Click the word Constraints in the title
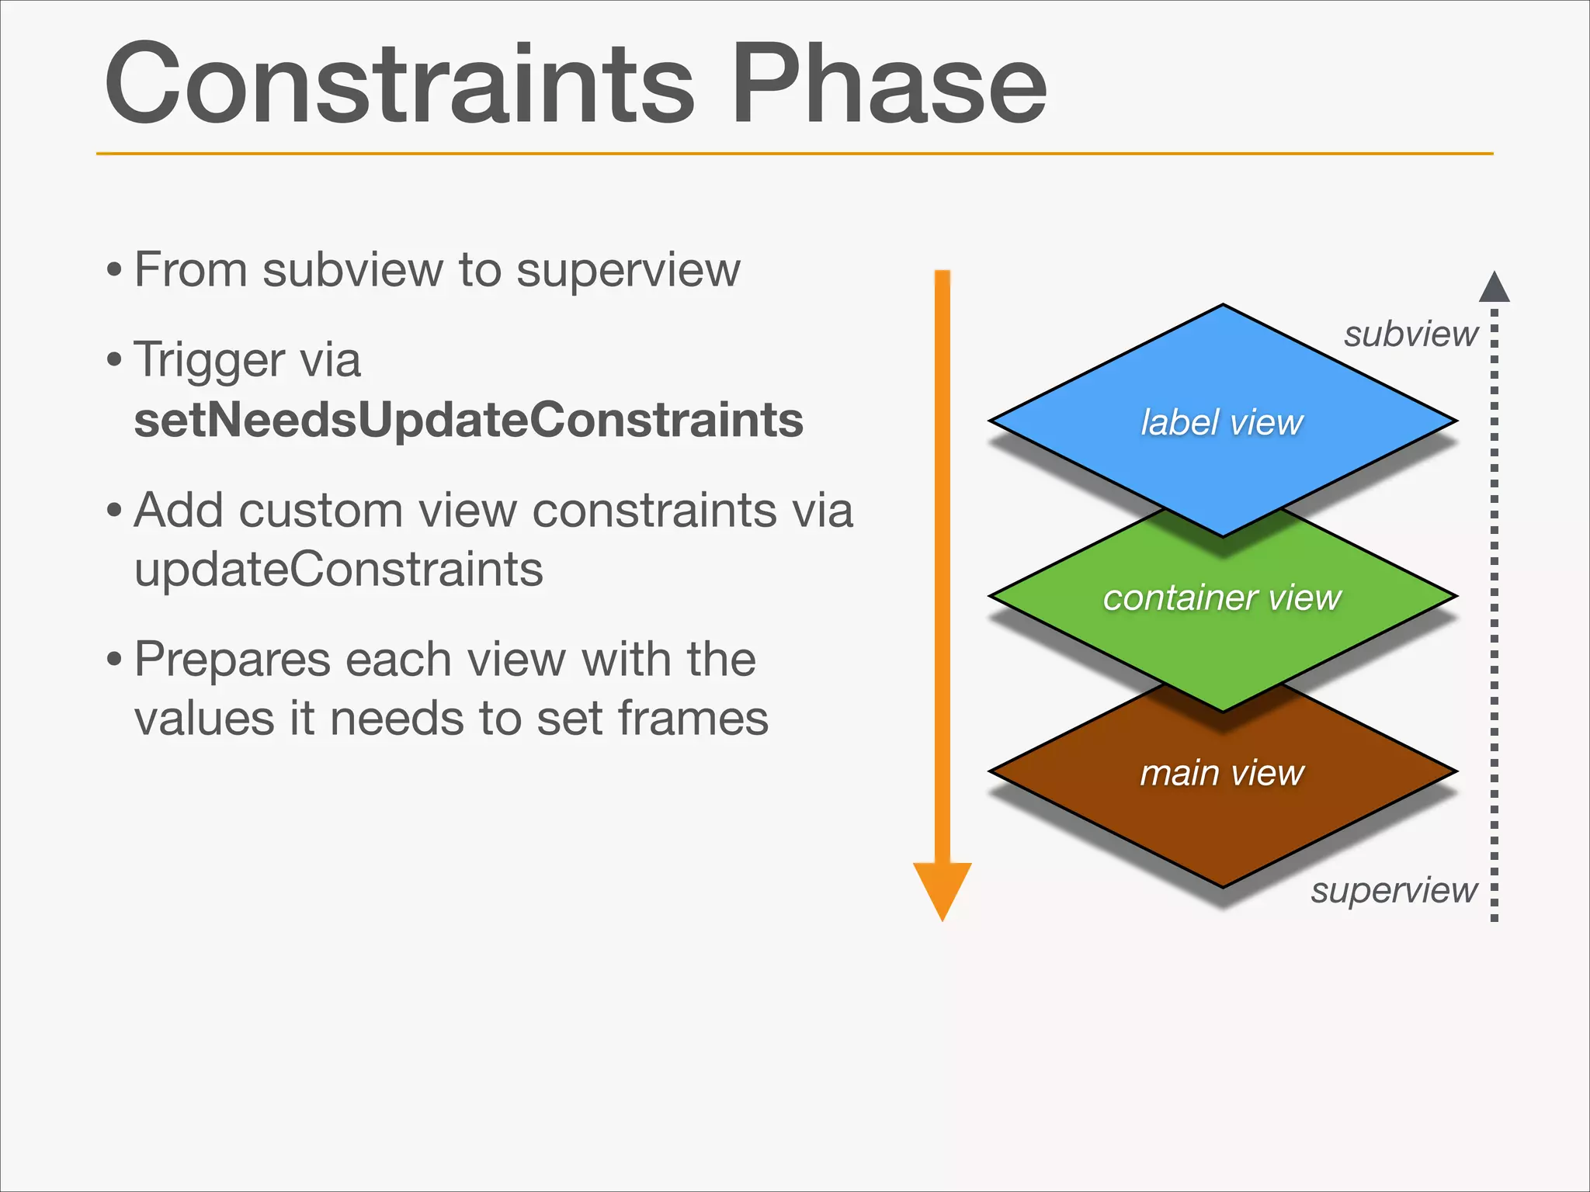click(x=400, y=84)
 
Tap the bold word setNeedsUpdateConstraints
click(x=468, y=420)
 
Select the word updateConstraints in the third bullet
click(x=338, y=570)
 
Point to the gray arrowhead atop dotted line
click(x=1494, y=288)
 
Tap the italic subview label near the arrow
click(x=1411, y=334)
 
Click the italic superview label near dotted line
click(x=1394, y=890)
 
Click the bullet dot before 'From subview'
click(x=115, y=272)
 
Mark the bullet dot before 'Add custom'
click(x=115, y=511)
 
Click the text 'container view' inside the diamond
click(x=1222, y=598)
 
